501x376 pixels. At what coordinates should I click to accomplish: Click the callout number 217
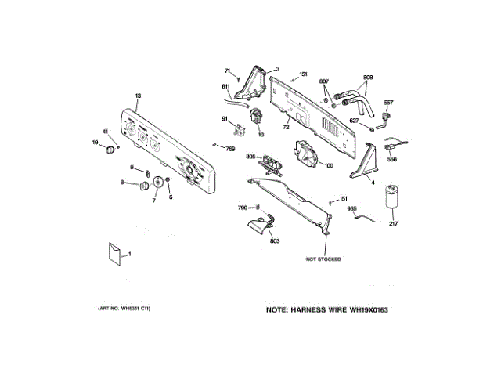click(x=394, y=225)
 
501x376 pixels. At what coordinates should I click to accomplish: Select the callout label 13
click(x=138, y=96)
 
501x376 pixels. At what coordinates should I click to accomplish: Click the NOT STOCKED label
click(x=324, y=259)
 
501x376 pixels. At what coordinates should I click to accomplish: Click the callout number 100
click(x=328, y=165)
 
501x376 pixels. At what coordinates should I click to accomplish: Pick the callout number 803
click(x=274, y=241)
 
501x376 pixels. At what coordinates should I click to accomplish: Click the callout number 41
click(x=105, y=131)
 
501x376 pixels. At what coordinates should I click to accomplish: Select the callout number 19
click(x=96, y=143)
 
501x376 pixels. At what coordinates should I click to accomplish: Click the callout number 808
click(x=368, y=78)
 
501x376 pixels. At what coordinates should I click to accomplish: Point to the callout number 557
click(x=388, y=103)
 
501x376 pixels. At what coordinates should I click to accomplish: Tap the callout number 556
click(x=392, y=159)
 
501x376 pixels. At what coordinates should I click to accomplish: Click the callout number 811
click(x=225, y=85)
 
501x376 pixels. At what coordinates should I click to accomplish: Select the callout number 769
click(x=230, y=149)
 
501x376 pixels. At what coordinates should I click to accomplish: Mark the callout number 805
click(x=250, y=157)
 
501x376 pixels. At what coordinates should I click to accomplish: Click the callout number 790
click(x=243, y=208)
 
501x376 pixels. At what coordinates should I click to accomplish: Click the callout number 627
click(x=353, y=121)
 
